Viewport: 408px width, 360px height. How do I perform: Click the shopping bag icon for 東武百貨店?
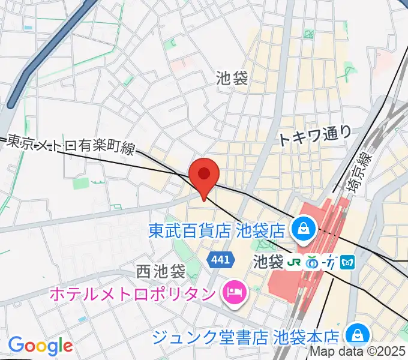coord(301,228)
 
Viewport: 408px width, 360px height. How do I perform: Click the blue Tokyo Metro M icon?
coord(349,262)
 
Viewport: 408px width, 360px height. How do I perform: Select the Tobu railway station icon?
coord(331,262)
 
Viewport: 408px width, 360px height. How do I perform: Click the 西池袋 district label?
coord(160,271)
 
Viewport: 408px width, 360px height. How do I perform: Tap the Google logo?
coord(40,346)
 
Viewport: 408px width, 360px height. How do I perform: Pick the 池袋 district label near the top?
coord(232,78)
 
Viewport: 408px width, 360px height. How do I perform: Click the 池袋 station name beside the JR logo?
coord(268,262)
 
